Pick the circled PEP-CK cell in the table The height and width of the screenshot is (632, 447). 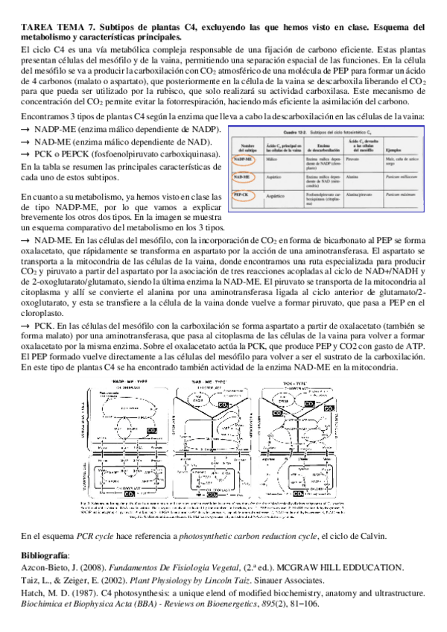(241, 195)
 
